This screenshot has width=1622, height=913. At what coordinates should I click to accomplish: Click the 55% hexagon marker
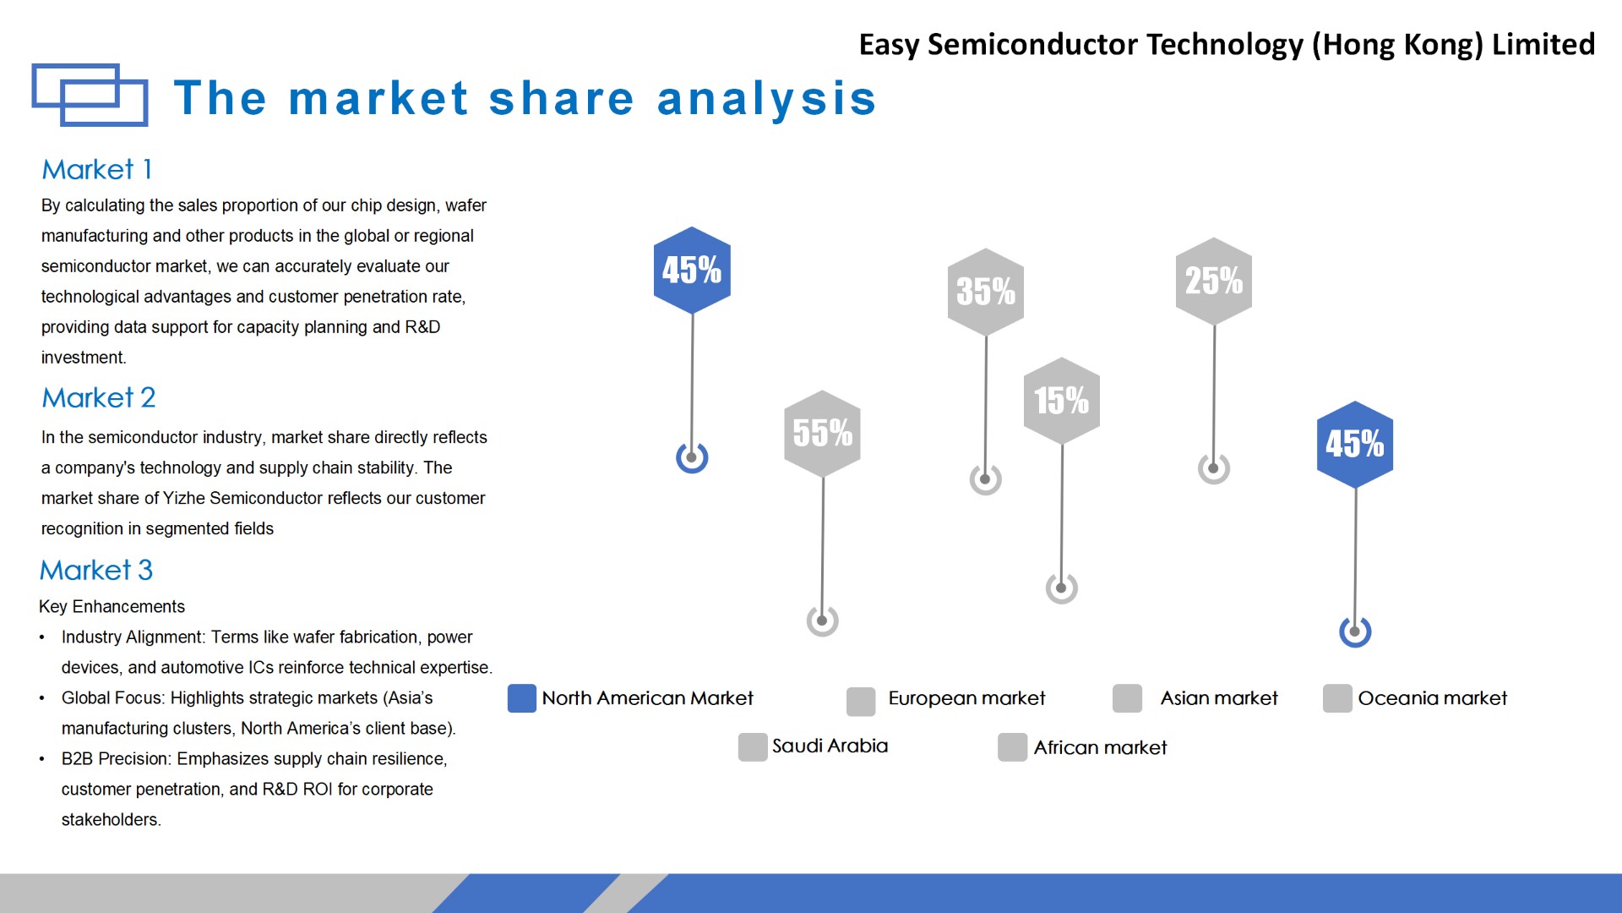coord(822,433)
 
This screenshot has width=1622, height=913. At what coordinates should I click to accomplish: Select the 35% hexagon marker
coord(986,292)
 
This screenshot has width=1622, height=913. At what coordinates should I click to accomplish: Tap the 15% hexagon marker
coord(1062,401)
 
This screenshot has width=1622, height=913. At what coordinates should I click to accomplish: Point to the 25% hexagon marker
coord(1214,281)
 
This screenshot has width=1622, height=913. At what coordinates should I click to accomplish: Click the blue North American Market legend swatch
coord(522,698)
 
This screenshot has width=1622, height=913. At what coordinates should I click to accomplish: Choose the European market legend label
coord(966,698)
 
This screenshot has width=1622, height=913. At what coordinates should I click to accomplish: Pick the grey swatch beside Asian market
coord(1128,698)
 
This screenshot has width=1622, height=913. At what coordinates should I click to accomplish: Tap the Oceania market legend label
coord(1432,698)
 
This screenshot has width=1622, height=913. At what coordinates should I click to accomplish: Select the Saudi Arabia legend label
coord(830,746)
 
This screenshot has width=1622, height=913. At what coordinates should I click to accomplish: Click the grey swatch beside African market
coord(1013,747)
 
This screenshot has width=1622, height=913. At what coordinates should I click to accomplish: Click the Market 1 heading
coord(97,169)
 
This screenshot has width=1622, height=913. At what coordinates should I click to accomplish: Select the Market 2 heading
coord(99,397)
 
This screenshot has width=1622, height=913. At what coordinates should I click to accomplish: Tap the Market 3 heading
coord(96,570)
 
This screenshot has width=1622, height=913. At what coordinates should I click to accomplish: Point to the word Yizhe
coord(183,498)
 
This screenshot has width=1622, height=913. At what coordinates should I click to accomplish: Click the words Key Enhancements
coord(112,606)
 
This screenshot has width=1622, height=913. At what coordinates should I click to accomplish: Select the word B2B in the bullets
coord(78,758)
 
